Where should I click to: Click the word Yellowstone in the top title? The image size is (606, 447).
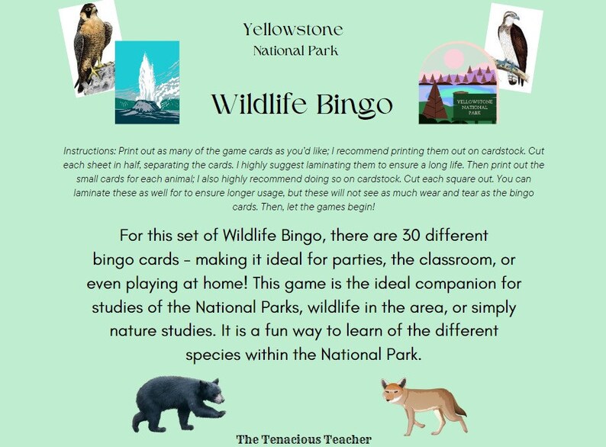(x=293, y=30)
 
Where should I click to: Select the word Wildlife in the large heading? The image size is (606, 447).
(x=256, y=104)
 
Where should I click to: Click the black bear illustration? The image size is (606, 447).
(x=177, y=401)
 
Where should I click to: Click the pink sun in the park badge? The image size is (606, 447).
(x=453, y=59)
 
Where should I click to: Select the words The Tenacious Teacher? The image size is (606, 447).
(x=304, y=439)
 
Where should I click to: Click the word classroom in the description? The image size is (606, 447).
(x=424, y=259)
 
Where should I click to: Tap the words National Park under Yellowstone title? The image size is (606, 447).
(x=295, y=51)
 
